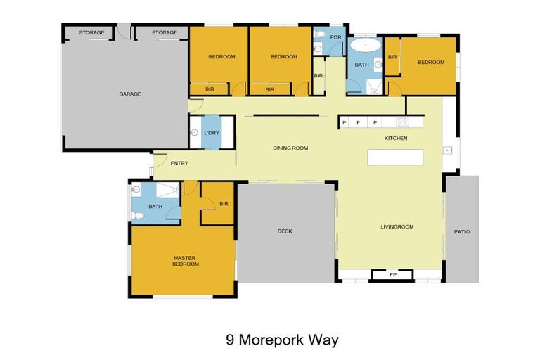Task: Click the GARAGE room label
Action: click(x=129, y=94)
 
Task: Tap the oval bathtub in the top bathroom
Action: click(x=366, y=47)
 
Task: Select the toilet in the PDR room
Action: click(x=318, y=49)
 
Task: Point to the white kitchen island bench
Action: click(x=396, y=157)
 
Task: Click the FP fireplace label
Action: click(x=392, y=275)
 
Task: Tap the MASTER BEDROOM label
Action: click(x=184, y=261)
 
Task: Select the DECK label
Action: click(x=285, y=231)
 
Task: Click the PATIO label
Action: click(x=461, y=231)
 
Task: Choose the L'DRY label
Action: click(x=212, y=134)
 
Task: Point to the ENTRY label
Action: click(x=179, y=164)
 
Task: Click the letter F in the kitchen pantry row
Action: click(x=359, y=122)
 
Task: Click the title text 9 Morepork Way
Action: click(x=282, y=340)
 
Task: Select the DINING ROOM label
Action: click(x=290, y=148)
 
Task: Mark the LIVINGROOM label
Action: click(x=397, y=226)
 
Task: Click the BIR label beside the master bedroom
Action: click(x=224, y=204)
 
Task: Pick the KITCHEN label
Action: click(x=396, y=138)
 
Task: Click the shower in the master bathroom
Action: click(x=167, y=190)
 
